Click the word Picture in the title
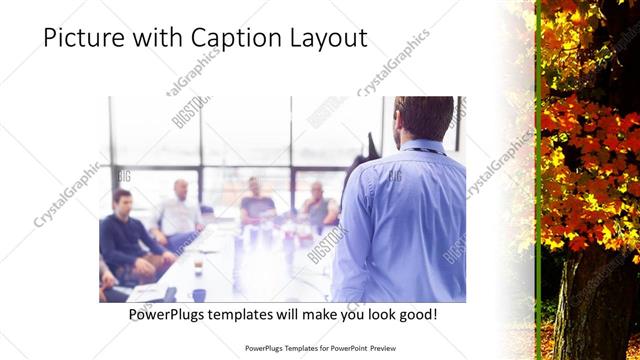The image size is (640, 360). coord(81,38)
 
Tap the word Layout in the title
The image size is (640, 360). coord(327,38)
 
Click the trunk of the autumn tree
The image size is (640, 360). coord(595,300)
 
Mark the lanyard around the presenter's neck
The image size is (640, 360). coord(424,151)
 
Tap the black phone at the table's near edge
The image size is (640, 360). coord(170,294)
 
